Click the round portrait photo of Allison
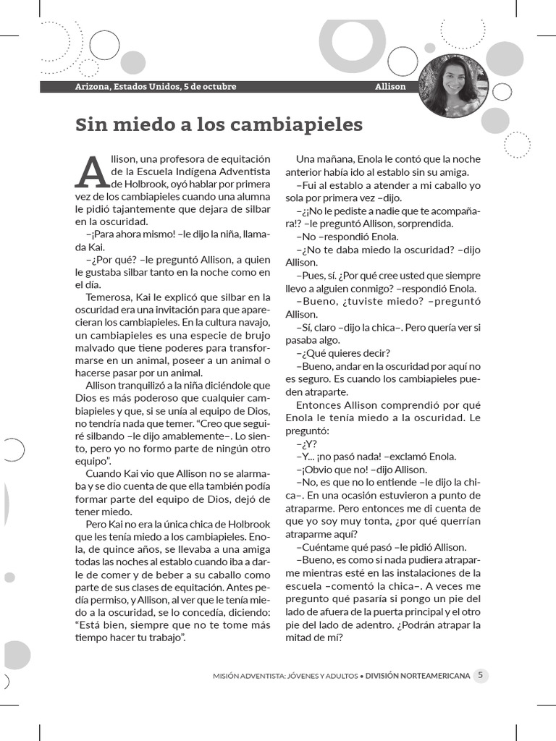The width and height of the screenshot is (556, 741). click(x=454, y=86)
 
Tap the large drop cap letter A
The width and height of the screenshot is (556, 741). click(x=93, y=172)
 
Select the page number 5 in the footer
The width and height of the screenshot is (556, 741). click(x=481, y=675)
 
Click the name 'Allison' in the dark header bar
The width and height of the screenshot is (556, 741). click(x=390, y=87)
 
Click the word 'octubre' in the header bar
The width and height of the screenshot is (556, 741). click(x=218, y=87)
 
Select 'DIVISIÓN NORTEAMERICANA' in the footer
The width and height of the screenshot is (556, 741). click(x=418, y=676)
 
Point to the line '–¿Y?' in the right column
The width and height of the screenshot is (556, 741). click(x=307, y=444)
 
